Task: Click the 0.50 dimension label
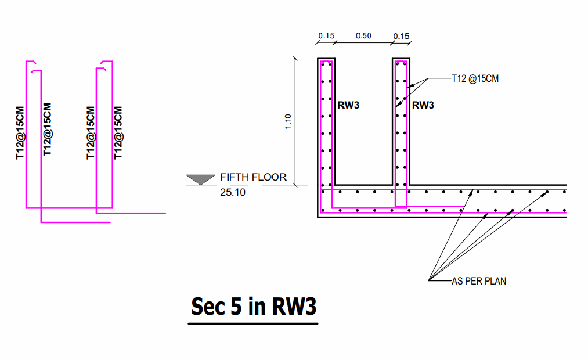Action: coord(363,36)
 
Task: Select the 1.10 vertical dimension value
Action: coord(288,122)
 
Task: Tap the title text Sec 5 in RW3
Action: coord(254,306)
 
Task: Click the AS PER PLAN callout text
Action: coord(479,282)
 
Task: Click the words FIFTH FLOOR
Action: coord(253,177)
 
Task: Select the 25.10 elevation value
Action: coord(233,192)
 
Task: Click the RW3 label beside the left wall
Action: coord(349,105)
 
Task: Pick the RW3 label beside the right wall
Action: coord(423,105)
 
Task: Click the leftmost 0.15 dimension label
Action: coord(326,36)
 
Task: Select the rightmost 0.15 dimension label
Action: coord(401,36)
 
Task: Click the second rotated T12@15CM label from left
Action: coord(48,129)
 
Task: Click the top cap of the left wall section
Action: coord(326,59)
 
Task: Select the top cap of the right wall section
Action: coord(401,59)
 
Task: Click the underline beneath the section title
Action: coord(253,323)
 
